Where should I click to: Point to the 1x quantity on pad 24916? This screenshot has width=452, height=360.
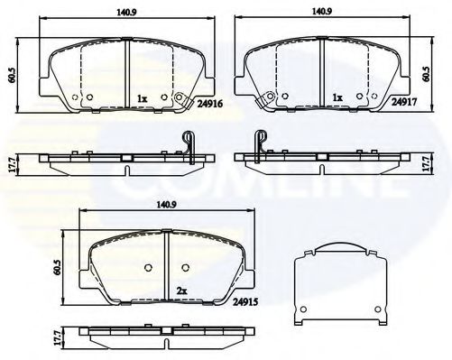142,97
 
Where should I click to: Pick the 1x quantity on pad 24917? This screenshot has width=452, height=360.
338,97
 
